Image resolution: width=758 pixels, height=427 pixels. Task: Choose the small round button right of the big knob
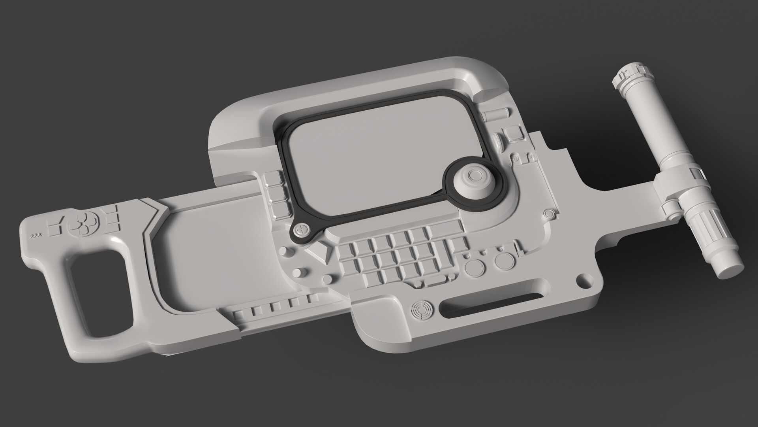(x=548, y=214)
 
